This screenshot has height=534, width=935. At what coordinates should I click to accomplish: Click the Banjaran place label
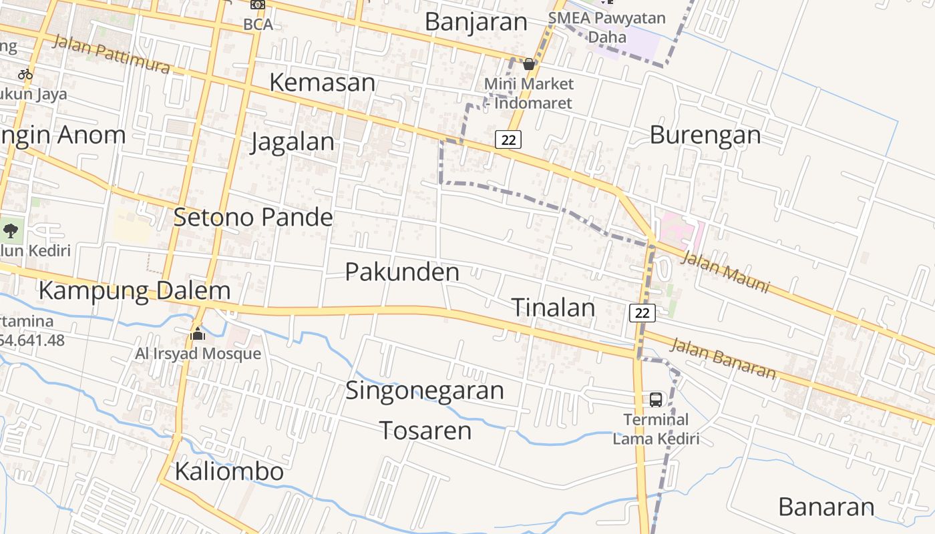(476, 21)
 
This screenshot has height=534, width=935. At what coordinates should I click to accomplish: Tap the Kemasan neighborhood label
(322, 82)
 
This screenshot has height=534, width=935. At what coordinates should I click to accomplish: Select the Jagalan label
(293, 142)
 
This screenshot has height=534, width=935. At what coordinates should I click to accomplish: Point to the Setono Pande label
(253, 217)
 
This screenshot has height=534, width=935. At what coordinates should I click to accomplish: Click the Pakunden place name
(402, 272)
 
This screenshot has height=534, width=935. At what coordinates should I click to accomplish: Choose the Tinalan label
(553, 307)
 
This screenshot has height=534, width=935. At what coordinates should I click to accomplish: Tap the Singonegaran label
(424, 390)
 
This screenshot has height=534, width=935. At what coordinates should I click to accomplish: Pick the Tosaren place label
(425, 431)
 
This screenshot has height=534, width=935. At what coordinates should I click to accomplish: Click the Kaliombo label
(229, 471)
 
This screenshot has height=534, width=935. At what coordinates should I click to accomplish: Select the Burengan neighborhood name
(705, 135)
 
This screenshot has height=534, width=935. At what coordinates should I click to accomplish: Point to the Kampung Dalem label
(134, 291)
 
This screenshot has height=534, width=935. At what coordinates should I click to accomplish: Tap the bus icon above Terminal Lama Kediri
(656, 400)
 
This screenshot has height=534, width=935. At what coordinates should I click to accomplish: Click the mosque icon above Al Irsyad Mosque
(198, 333)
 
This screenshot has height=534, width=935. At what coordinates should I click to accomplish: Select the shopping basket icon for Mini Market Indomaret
(529, 65)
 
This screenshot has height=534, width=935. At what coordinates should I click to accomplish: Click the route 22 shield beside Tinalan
(642, 312)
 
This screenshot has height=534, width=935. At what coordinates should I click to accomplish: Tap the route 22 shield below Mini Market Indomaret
(508, 140)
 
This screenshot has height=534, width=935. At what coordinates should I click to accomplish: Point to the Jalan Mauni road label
(725, 272)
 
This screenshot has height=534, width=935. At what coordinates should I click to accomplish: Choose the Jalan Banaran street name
(723, 358)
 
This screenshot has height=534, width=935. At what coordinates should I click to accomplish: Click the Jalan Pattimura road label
(111, 53)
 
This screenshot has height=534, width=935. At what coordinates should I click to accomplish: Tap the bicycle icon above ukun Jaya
(25, 74)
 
